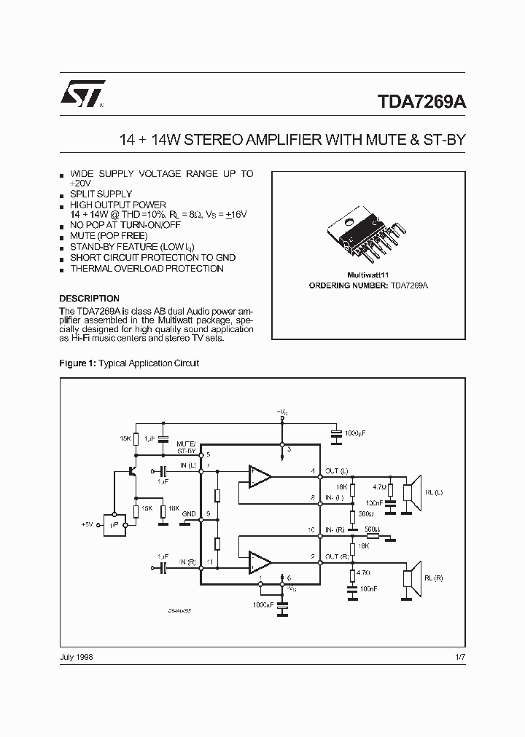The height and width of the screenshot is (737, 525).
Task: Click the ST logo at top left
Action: coord(82,94)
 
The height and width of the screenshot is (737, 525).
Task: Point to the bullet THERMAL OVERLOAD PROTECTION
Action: coord(147,269)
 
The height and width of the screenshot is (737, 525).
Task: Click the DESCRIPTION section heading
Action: coord(89,299)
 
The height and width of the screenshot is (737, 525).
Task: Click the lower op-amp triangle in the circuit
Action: coord(259,561)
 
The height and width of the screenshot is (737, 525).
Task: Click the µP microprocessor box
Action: coord(115,524)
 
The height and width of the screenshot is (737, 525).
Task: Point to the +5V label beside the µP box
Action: coord(88,524)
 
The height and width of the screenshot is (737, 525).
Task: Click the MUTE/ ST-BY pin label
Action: coord(186,447)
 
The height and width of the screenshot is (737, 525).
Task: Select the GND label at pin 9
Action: coord(189,513)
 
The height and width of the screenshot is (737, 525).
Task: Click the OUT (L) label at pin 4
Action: coord(337,471)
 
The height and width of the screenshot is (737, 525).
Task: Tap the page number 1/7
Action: coord(459,656)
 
